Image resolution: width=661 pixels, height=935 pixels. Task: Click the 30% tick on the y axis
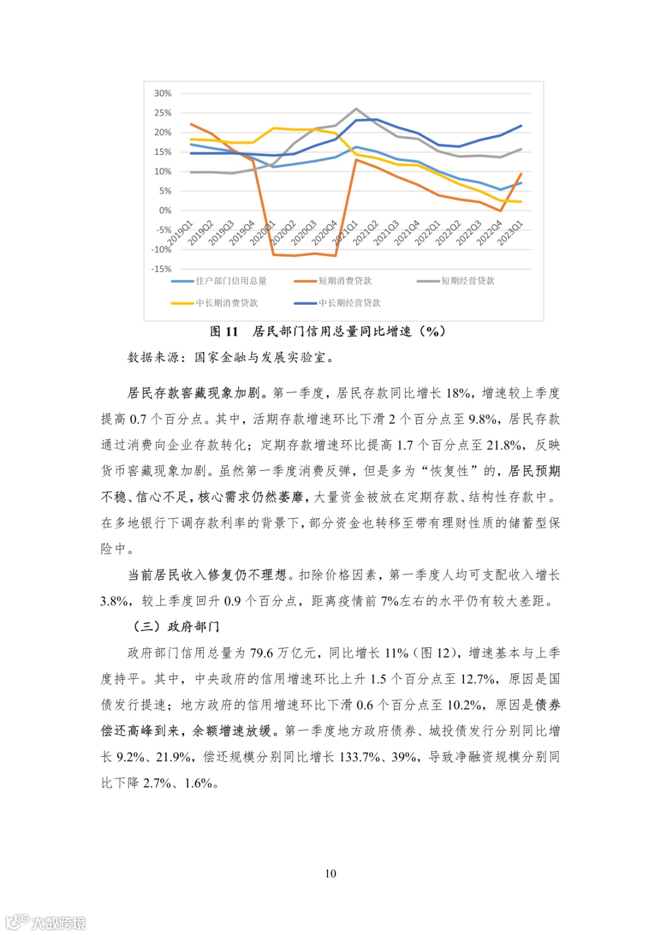coord(163,93)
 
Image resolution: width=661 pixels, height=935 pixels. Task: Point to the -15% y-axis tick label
coord(162,269)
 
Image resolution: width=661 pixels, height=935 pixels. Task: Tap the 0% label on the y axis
coord(165,210)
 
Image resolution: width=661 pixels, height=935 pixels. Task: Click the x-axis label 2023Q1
coord(510,233)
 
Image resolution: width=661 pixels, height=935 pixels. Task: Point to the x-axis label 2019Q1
coord(181,233)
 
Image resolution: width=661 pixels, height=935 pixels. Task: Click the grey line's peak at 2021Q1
coord(356,109)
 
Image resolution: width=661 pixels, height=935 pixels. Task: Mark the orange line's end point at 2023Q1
coord(521,174)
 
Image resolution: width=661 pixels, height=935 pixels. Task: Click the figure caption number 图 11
coord(223,331)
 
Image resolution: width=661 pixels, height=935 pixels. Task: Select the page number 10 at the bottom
coord(330,873)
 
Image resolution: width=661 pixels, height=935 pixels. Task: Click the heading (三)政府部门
coord(176,626)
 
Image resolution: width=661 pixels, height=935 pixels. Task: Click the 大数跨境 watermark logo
coord(46,922)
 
